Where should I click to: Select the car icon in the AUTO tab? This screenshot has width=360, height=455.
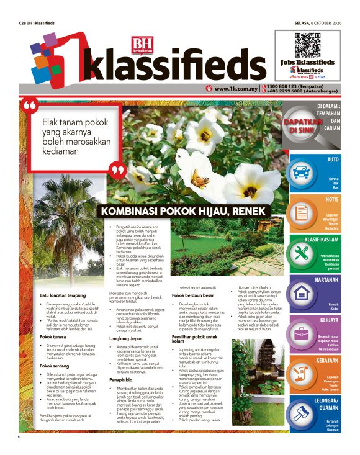302,171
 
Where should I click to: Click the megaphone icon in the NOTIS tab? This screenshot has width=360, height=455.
302,212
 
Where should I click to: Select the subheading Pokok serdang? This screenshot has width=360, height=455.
55,366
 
